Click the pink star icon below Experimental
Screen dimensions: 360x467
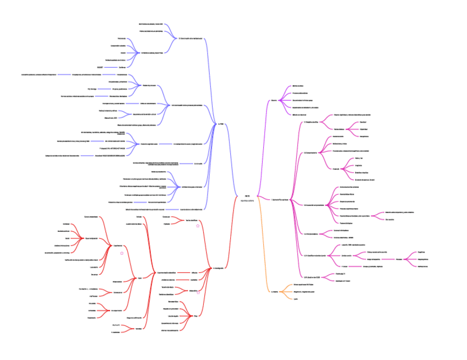click(122, 253)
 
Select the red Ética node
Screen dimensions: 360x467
click(195, 316)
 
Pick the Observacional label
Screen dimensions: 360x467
click(117, 281)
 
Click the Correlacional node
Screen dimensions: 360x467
click(117, 292)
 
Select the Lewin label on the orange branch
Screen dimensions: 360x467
click(295, 299)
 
